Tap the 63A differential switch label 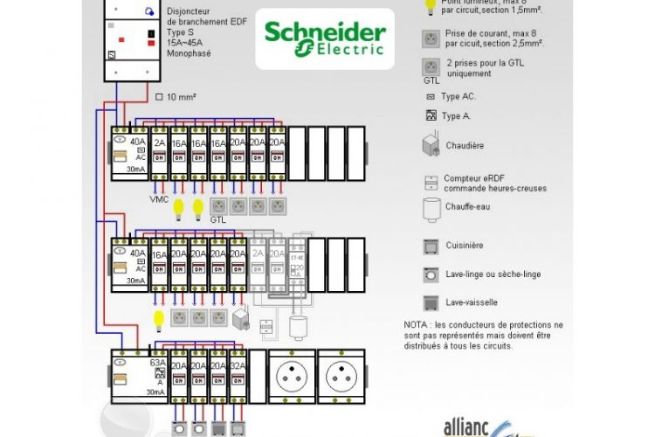coord(158,361)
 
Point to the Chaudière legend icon coord(431,145)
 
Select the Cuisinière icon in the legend coord(431,246)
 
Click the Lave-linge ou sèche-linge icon coord(431,274)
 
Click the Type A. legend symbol coord(430,115)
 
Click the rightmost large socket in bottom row coord(342,376)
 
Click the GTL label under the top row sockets coord(217,219)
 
